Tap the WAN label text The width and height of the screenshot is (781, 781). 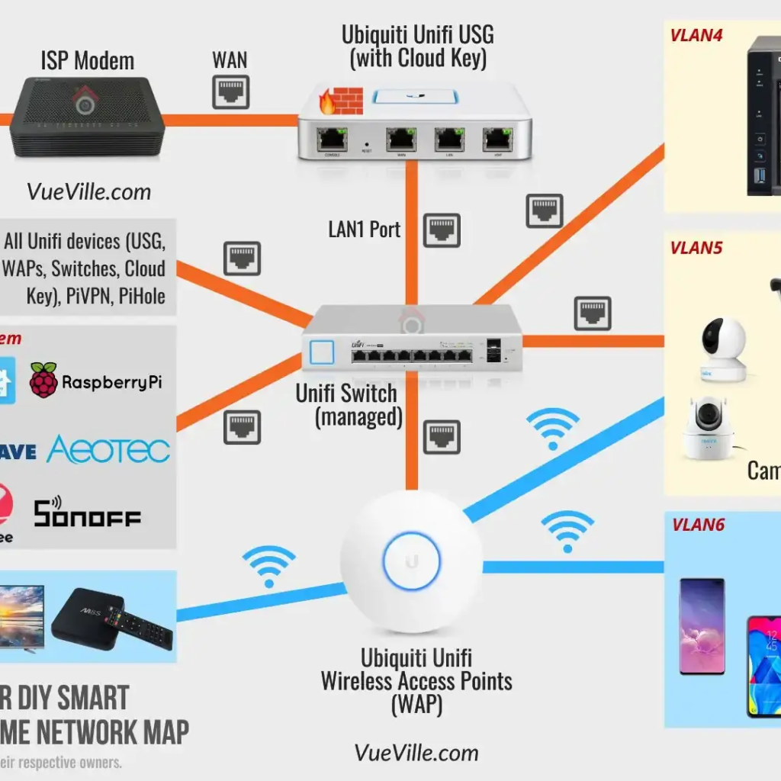click(x=230, y=60)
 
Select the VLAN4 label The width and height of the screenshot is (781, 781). click(x=696, y=35)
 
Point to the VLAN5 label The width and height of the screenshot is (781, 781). click(x=696, y=248)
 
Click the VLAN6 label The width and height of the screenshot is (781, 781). click(x=698, y=525)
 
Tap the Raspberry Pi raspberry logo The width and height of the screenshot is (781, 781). click(x=44, y=380)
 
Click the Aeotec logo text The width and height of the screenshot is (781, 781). click(x=108, y=450)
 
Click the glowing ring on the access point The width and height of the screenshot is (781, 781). click(x=412, y=561)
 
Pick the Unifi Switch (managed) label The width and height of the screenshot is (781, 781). click(x=347, y=405)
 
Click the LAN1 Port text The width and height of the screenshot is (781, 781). click(x=365, y=229)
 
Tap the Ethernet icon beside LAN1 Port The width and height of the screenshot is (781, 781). click(x=442, y=230)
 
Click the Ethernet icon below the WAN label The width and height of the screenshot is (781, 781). click(x=230, y=93)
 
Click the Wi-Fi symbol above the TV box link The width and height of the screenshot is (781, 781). click(x=268, y=564)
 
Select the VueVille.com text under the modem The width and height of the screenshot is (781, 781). click(x=88, y=191)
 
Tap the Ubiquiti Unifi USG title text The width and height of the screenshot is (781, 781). click(x=418, y=46)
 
